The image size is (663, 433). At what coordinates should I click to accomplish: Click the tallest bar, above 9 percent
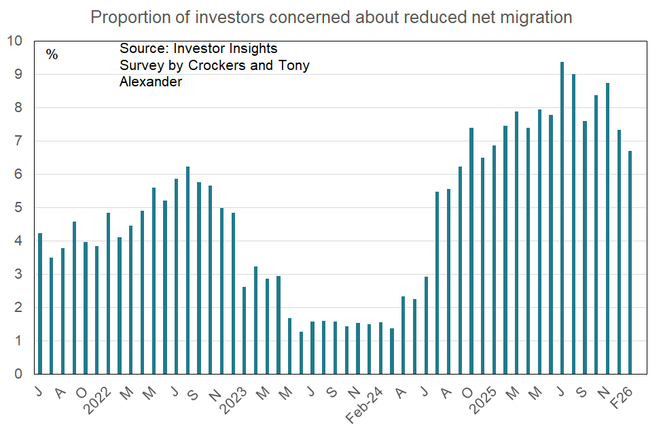pyautogui.click(x=562, y=218)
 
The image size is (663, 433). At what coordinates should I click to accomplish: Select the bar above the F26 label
pyautogui.click(x=630, y=262)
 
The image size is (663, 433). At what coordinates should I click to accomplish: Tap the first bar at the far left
pyautogui.click(x=40, y=303)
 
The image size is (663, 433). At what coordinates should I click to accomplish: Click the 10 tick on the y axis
pyautogui.click(x=14, y=41)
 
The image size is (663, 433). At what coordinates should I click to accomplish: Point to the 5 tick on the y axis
pyautogui.click(x=18, y=208)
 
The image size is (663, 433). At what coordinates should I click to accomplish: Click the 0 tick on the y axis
pyautogui.click(x=18, y=375)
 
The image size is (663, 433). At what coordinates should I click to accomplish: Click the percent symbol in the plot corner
pyautogui.click(x=52, y=54)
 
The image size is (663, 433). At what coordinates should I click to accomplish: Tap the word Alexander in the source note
pyautogui.click(x=151, y=82)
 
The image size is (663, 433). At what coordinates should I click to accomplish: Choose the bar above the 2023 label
pyautogui.click(x=245, y=330)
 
